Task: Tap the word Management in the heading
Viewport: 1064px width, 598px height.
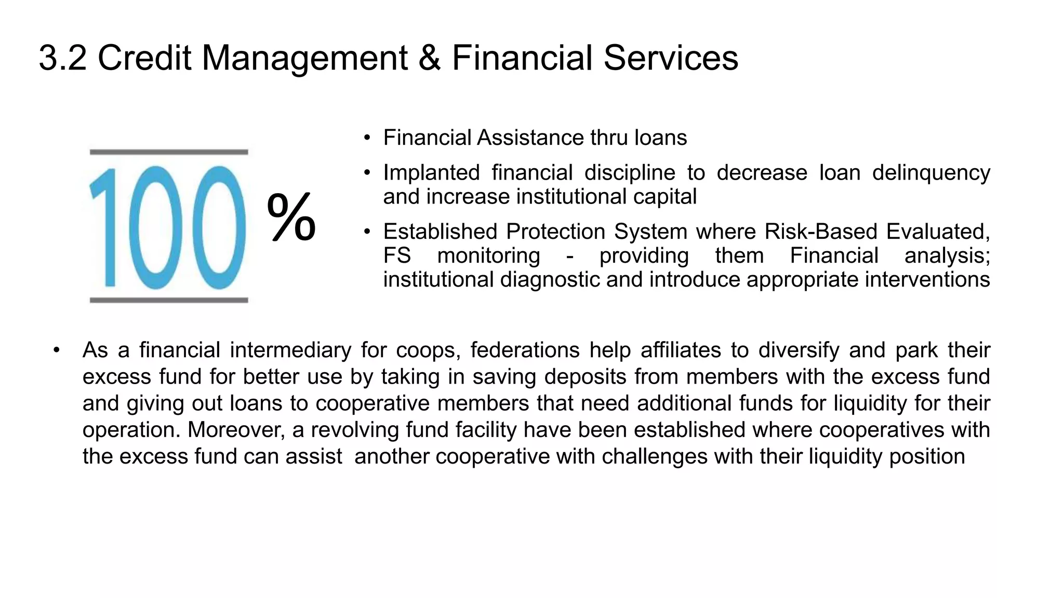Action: coord(304,58)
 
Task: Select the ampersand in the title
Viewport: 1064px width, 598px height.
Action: coord(429,58)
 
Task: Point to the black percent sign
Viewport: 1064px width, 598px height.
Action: coord(291,217)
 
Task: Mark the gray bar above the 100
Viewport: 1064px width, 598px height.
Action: coord(169,152)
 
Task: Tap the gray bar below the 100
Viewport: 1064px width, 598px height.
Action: coord(169,300)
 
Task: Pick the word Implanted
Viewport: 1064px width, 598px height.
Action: coord(431,173)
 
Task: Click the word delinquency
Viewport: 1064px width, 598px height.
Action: coord(931,173)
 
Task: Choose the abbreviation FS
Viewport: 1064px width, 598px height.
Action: coord(397,256)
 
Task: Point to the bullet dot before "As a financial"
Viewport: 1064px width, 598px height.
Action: coord(57,350)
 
